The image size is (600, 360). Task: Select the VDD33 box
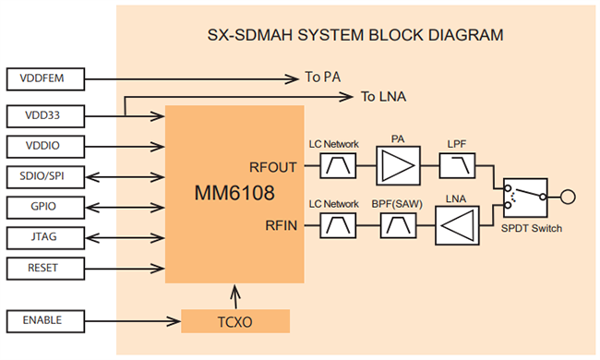click(47, 115)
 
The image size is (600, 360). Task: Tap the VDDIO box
click(47, 146)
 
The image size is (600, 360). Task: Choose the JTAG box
click(47, 237)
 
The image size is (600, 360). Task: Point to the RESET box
click(47, 268)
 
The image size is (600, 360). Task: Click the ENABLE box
click(47, 320)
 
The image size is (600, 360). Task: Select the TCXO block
click(235, 321)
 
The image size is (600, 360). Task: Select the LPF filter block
click(456, 166)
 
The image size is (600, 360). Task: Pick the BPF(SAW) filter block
click(399, 224)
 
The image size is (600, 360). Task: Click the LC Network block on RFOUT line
click(333, 166)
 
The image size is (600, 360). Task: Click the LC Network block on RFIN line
click(333, 224)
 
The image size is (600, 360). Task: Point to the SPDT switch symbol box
click(523, 195)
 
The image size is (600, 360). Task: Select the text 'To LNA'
click(383, 97)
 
